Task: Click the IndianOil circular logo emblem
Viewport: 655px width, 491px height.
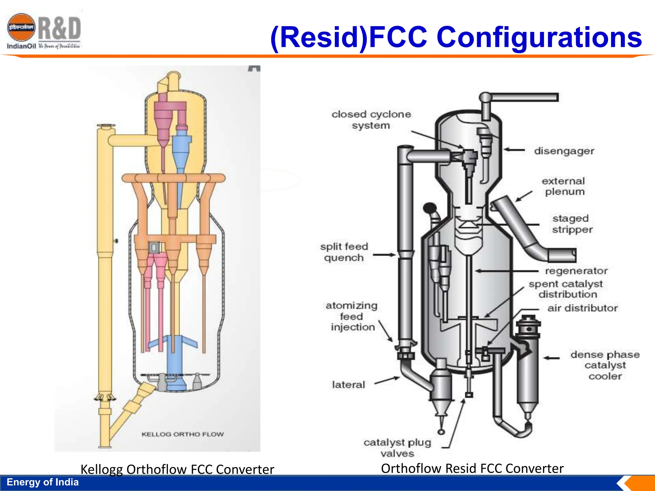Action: [21, 27]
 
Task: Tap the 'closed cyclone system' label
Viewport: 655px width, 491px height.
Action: [371, 120]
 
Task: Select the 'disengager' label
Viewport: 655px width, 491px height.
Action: [564, 151]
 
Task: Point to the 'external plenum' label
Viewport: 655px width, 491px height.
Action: [564, 186]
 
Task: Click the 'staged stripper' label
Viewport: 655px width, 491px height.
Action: [572, 224]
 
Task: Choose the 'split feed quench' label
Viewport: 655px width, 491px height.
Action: [344, 252]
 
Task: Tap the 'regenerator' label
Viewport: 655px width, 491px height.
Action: [576, 271]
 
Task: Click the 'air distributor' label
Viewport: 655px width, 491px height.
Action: [582, 308]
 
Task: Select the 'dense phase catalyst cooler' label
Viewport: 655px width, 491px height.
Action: [605, 365]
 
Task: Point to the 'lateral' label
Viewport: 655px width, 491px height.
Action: [348, 385]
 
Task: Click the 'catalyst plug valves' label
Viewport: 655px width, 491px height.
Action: [397, 448]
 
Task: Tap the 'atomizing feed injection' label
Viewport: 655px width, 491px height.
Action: [352, 316]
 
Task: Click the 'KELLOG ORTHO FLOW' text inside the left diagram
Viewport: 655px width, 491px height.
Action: [183, 434]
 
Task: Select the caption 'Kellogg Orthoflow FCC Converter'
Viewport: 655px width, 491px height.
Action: [177, 469]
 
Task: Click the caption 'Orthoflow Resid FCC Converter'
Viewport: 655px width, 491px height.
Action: [472, 468]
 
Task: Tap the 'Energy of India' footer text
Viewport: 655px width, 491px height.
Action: [43, 482]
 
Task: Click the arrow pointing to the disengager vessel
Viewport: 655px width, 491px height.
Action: [514, 150]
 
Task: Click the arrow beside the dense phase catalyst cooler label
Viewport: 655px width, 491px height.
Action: [552, 358]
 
